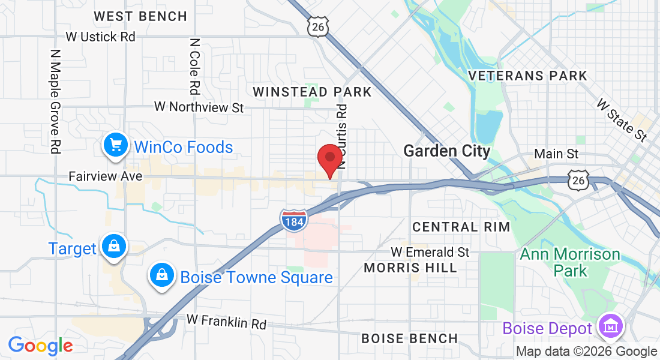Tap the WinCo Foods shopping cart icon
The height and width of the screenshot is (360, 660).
115,145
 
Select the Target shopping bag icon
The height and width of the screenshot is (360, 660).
113,247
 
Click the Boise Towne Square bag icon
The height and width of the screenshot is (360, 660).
161,276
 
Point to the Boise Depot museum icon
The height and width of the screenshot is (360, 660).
611,327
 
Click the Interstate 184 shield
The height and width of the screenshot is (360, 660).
293,220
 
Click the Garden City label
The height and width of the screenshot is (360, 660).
447,151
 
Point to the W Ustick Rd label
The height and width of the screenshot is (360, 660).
101,37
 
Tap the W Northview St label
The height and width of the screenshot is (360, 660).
199,107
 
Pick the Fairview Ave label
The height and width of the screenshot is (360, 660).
106,176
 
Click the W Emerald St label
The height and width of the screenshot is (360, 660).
430,252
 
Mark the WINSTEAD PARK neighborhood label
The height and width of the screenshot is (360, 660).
312,92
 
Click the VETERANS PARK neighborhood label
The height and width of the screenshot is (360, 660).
527,76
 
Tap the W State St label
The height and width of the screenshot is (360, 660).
622,121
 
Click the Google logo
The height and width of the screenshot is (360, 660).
40,346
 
